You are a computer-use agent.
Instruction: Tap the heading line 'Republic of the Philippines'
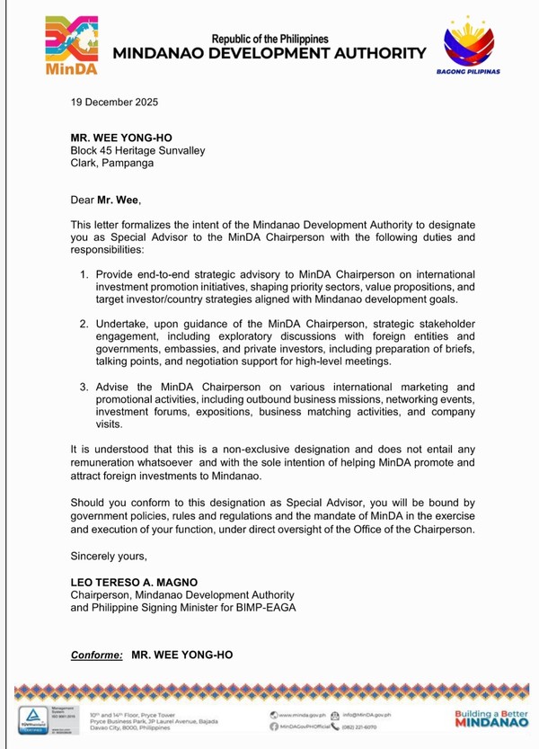[269, 39]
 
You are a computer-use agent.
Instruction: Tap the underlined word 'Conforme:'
[97, 655]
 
